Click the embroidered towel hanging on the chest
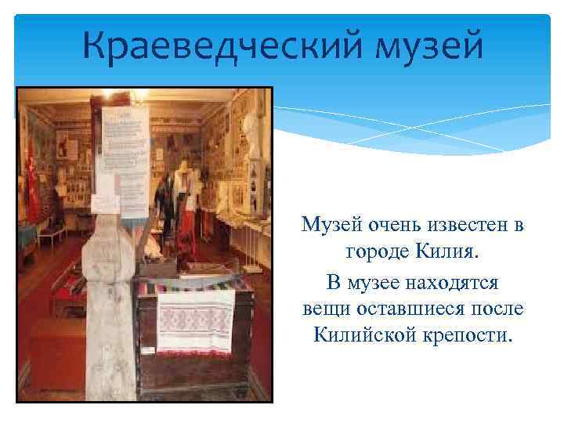tap(195, 320)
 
